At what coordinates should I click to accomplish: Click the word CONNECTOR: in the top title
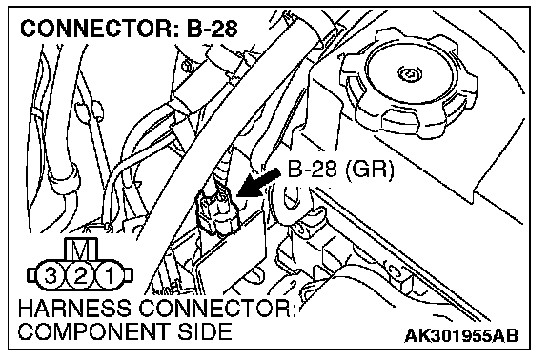[x=101, y=29]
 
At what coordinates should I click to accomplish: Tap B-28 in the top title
[x=213, y=29]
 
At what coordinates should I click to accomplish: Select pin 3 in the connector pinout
[x=51, y=276]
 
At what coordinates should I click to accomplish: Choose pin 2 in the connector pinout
[x=80, y=276]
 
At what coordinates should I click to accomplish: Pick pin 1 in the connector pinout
[x=110, y=276]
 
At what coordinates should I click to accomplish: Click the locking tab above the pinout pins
[x=81, y=250]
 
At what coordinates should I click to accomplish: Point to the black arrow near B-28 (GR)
[x=258, y=183]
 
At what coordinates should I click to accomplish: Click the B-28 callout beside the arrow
[x=313, y=170]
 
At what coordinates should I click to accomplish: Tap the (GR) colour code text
[x=369, y=170]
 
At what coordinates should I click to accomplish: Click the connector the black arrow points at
[x=216, y=211]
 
